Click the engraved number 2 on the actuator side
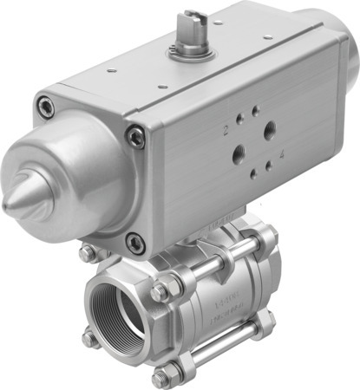pos(226,132)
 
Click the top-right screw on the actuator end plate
pos(134,135)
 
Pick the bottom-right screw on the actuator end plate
pos(136,245)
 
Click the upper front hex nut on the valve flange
pos(159,293)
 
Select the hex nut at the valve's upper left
pos(86,254)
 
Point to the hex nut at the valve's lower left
pos(88,338)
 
